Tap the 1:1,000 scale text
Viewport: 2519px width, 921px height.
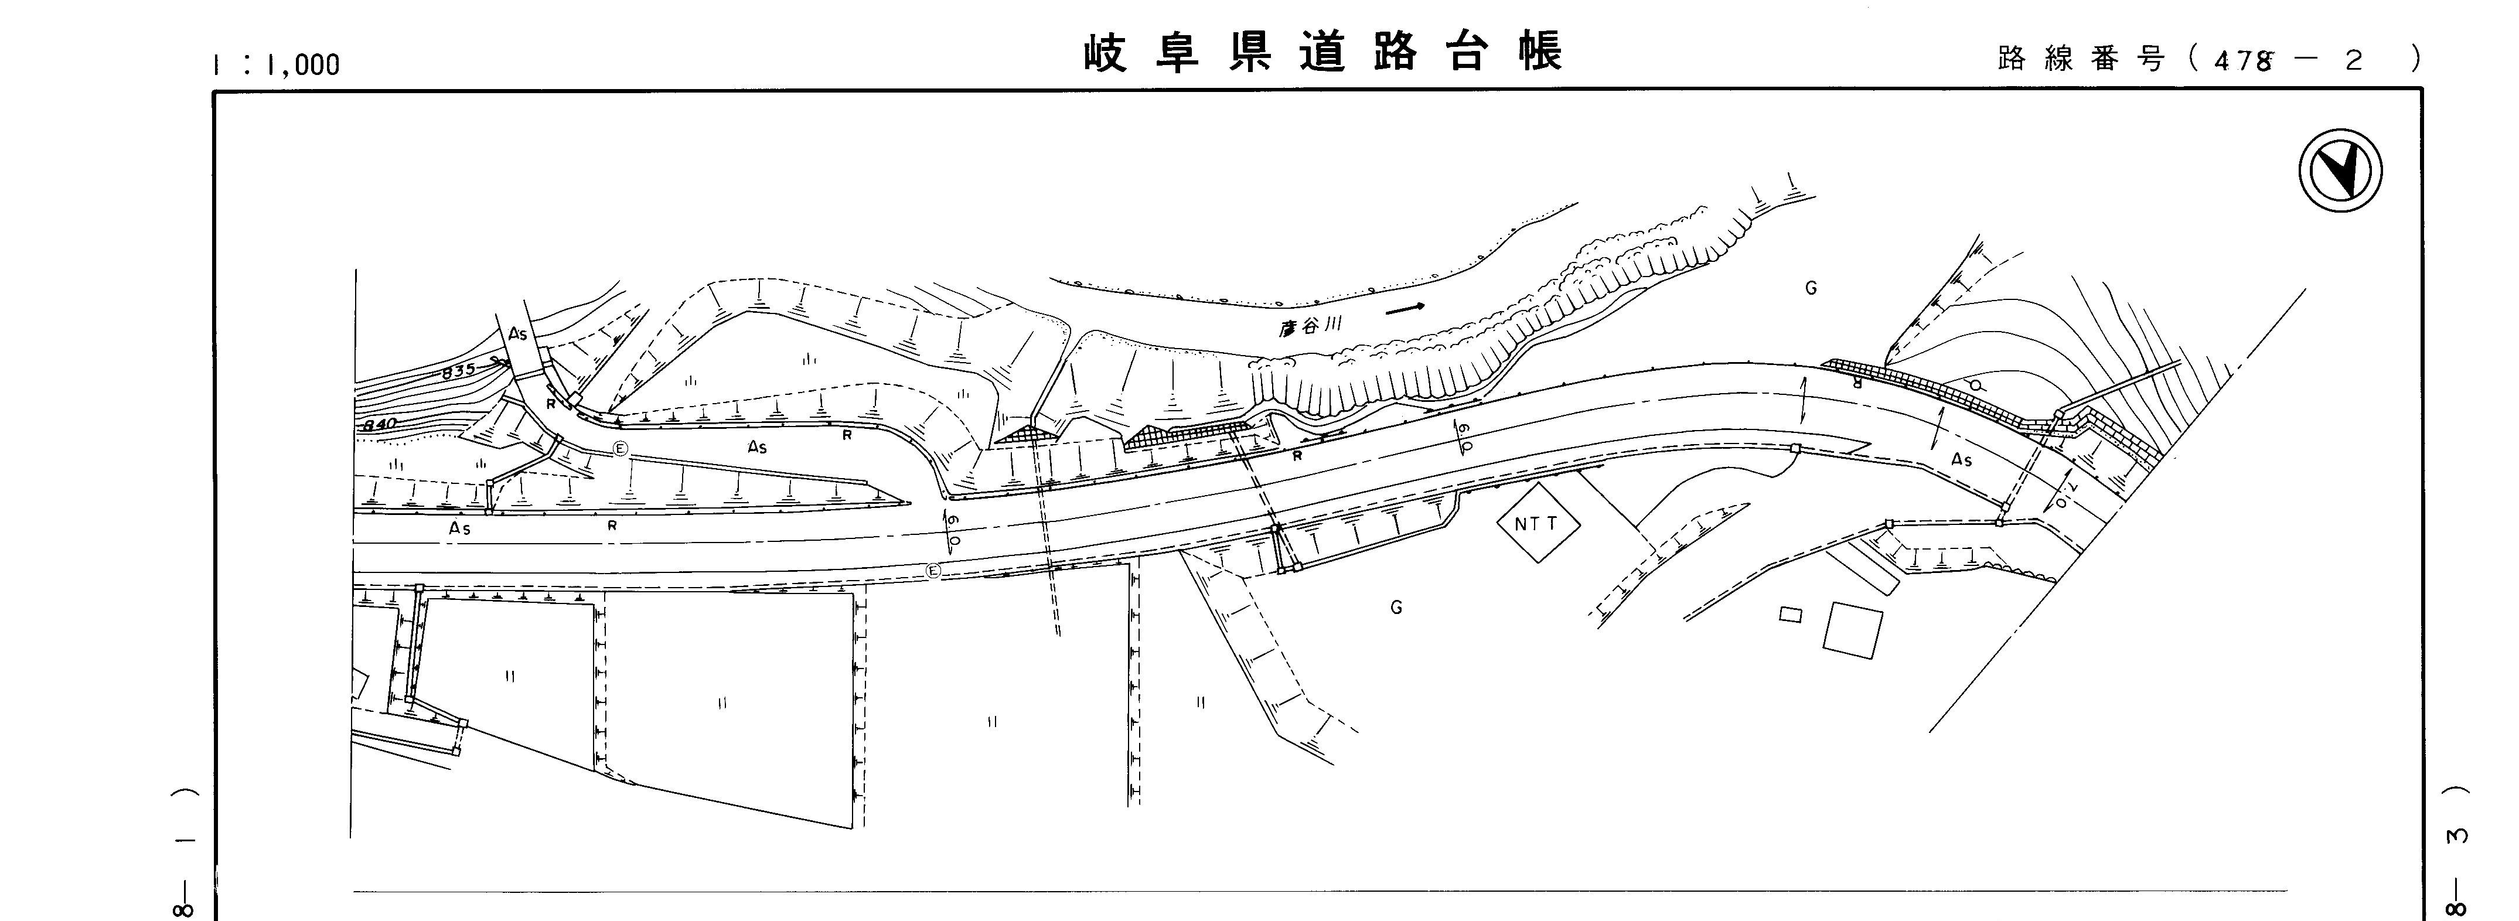pos(277,64)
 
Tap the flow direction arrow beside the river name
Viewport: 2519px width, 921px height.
pos(1405,309)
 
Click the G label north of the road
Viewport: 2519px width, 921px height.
pos(1811,288)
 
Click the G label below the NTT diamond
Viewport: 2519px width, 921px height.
pos(1396,607)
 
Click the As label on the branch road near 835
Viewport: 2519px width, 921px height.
pos(518,333)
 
